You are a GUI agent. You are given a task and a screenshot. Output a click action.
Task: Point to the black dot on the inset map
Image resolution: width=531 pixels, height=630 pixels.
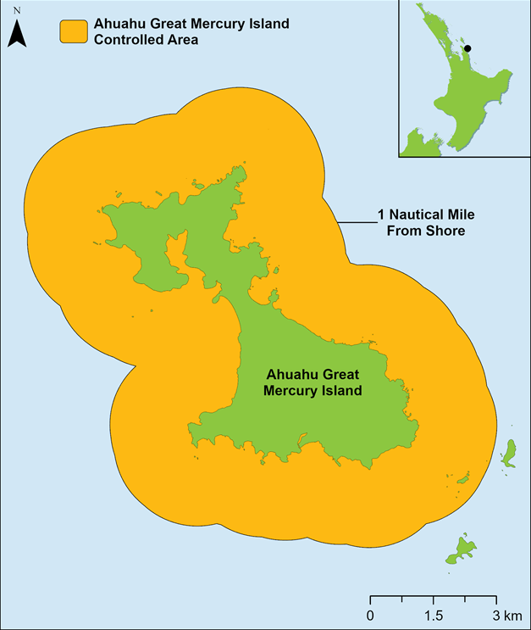[467, 49]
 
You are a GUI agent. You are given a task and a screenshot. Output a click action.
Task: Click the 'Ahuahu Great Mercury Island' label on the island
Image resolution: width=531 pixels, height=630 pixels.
[313, 382]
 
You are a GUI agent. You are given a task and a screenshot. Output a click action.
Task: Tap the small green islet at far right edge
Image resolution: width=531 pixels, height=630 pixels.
[510, 454]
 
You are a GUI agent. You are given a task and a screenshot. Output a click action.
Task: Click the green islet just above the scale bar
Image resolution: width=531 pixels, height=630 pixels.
[462, 549]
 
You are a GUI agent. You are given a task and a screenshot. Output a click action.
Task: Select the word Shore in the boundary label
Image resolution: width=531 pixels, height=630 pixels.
[448, 230]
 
